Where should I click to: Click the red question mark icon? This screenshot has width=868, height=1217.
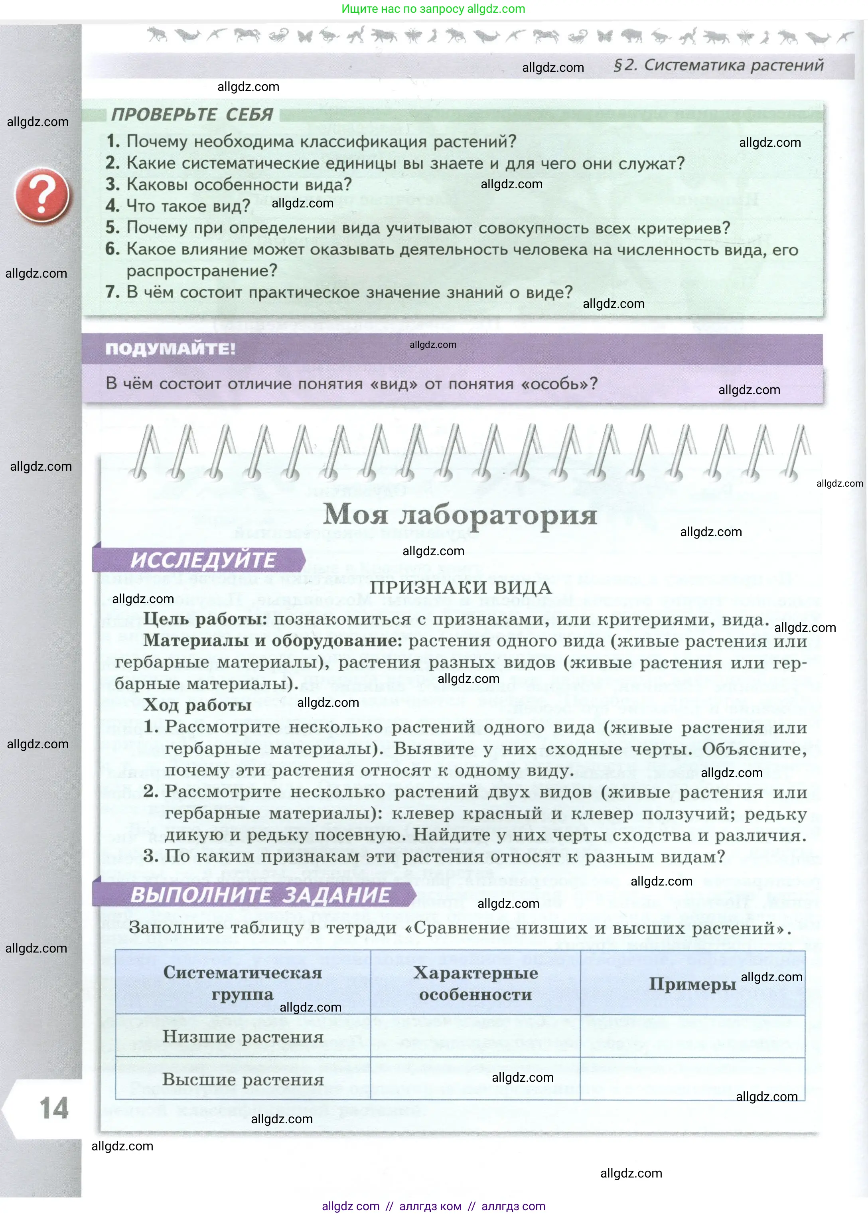[42, 195]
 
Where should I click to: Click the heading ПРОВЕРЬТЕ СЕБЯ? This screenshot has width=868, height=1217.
[192, 114]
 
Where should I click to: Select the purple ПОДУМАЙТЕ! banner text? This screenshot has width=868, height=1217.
[170, 349]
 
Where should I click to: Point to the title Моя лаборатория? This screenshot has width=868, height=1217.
[460, 515]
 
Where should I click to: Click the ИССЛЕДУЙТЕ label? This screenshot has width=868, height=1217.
[203, 560]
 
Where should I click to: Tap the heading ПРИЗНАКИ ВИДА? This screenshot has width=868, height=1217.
[461, 588]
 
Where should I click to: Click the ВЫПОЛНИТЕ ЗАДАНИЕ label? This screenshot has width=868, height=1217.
[260, 895]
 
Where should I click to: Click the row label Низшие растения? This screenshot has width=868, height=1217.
[243, 1036]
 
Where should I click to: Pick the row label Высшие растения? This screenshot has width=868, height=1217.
[243, 1079]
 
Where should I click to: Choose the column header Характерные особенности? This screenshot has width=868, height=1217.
[475, 983]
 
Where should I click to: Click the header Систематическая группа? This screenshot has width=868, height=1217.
[243, 983]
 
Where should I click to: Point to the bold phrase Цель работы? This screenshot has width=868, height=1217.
[205, 619]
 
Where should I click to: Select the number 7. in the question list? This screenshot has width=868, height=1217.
[112, 292]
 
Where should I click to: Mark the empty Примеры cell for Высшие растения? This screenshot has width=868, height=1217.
[692, 1079]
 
